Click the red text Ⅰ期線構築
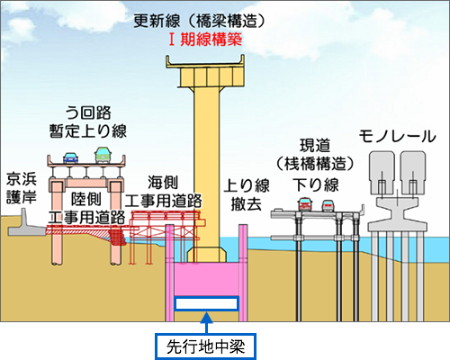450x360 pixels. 205,40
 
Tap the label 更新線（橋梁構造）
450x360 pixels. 200,21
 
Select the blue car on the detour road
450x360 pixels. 71,157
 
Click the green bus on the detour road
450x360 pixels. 103,155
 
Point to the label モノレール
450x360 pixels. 397,137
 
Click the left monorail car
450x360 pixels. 382,172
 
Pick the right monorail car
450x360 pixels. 413,172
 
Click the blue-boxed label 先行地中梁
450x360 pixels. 206,346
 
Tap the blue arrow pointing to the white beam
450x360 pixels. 206,322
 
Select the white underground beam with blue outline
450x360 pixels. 206,303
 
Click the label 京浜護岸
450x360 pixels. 22,188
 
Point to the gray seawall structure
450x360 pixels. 26,225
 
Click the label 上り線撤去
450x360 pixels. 247,194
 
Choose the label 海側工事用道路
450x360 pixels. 163,192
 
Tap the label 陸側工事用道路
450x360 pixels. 86,208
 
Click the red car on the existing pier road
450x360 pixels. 305,204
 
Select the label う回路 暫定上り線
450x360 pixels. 88,122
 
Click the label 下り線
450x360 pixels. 316,184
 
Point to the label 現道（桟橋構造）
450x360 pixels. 315,155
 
